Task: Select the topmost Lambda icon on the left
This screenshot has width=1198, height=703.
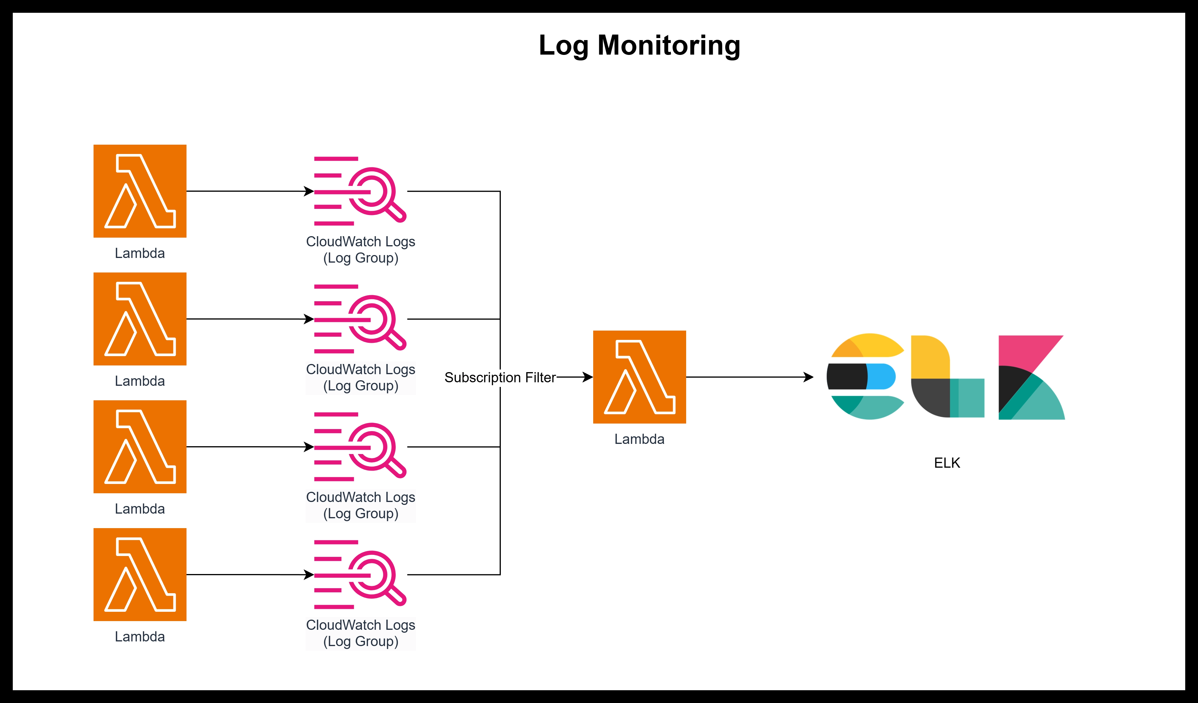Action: [140, 191]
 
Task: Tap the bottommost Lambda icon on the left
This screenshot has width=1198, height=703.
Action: [140, 574]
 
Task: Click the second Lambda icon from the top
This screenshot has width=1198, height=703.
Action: [140, 319]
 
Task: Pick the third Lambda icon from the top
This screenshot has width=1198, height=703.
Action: [140, 447]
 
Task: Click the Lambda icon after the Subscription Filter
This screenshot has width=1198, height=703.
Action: [639, 377]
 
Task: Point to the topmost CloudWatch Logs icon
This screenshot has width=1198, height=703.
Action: [360, 191]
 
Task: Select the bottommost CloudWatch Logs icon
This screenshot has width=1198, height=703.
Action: [360, 574]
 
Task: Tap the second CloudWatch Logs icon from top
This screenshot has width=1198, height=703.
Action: [360, 319]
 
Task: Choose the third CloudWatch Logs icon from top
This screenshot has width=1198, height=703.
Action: [360, 447]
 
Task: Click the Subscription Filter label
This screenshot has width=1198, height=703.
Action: [500, 377]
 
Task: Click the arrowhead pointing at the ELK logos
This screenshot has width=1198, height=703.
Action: [808, 377]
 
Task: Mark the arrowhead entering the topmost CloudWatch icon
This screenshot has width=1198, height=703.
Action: [309, 191]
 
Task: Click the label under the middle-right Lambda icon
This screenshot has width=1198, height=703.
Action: [639, 439]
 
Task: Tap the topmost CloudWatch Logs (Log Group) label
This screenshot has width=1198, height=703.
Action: [360, 250]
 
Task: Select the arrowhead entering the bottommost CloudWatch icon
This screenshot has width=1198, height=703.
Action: [309, 575]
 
